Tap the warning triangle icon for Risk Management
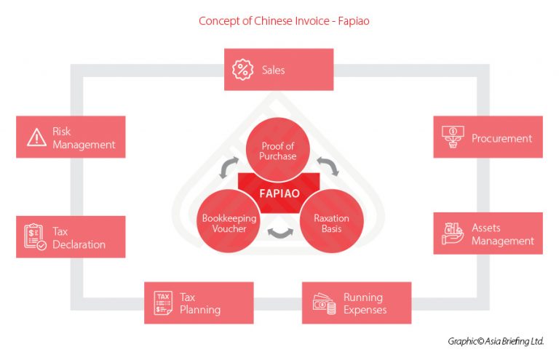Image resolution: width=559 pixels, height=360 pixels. coord(36,137)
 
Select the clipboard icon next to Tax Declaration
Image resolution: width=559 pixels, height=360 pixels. coord(35,236)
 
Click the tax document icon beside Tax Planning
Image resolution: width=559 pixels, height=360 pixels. coord(163,303)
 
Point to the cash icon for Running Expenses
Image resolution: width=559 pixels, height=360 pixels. coord(324,303)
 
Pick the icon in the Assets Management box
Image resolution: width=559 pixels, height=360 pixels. coord(453,233)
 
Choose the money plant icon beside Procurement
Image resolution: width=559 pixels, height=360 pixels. coord(453,137)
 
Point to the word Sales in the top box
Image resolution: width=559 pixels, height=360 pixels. coord(274,71)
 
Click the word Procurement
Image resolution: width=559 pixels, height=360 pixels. coord(501,138)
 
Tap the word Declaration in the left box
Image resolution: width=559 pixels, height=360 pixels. coord(79,244)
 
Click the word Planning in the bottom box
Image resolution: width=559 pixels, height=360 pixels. coord(200,310)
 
